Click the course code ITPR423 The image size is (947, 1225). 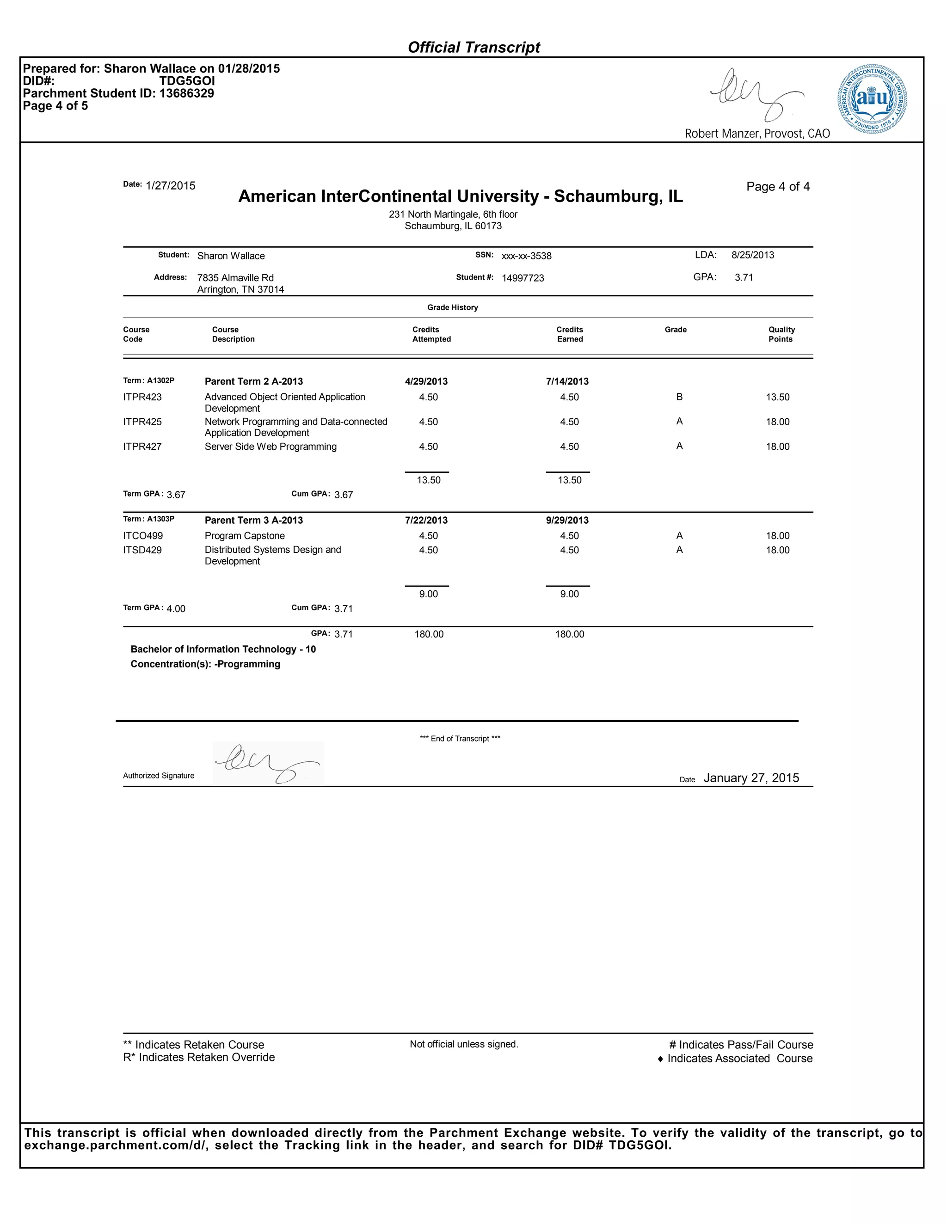click(142, 397)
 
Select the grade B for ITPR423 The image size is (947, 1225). click(679, 397)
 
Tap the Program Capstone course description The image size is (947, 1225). click(245, 536)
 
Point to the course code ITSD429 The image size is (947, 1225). click(142, 550)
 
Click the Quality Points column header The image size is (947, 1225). click(781, 334)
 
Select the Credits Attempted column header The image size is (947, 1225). click(431, 334)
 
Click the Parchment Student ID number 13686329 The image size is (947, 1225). click(186, 94)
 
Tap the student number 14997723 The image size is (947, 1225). click(523, 278)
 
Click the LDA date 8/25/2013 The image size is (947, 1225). click(752, 255)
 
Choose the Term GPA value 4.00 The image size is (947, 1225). click(176, 609)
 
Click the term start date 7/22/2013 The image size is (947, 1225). click(426, 521)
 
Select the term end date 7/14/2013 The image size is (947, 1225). click(567, 381)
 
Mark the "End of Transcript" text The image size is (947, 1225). click(460, 739)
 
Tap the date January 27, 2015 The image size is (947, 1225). click(751, 778)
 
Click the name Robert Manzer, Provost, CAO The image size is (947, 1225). click(757, 134)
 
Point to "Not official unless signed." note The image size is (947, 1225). click(464, 1044)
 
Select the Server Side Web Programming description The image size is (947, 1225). click(271, 447)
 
